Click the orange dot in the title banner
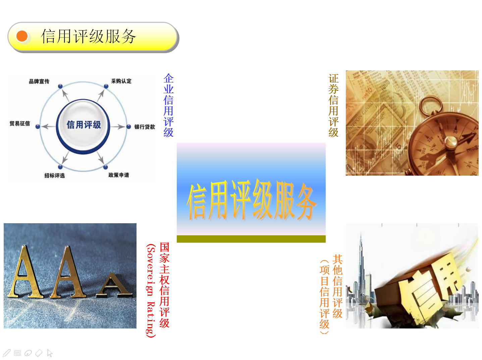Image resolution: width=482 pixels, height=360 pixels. (x=22, y=36)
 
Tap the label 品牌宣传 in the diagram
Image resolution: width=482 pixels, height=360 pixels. (x=39, y=81)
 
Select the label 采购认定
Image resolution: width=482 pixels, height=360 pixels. (x=121, y=81)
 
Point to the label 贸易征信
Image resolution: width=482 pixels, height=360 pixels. (x=20, y=123)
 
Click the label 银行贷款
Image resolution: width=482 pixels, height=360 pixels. (x=145, y=127)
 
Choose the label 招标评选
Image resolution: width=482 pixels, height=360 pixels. (x=54, y=176)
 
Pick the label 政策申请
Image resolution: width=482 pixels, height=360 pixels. (x=119, y=175)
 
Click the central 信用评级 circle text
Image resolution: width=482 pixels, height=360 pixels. (x=84, y=125)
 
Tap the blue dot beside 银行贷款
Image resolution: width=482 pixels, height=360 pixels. (x=129, y=127)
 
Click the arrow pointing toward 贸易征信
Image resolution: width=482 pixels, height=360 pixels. (x=48, y=127)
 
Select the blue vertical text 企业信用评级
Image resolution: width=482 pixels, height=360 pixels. (x=168, y=105)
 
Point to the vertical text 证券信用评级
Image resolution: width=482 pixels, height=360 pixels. (x=333, y=105)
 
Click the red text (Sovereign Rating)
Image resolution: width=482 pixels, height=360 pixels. (x=151, y=291)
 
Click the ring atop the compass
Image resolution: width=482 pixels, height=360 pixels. (x=431, y=106)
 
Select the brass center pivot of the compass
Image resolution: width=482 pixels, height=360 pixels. (x=451, y=142)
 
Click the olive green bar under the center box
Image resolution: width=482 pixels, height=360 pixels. (x=251, y=239)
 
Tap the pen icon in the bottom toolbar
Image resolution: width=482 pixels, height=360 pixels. (x=7, y=353)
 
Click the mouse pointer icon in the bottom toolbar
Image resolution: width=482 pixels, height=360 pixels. (x=50, y=353)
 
